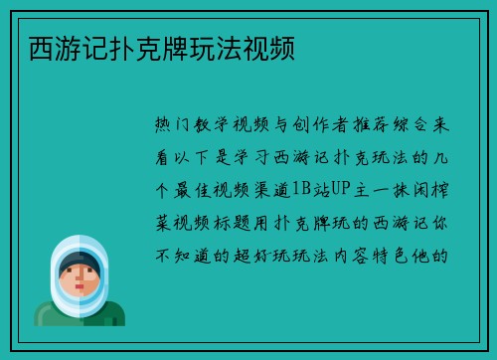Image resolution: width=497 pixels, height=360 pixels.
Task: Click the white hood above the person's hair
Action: pos(80,243)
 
